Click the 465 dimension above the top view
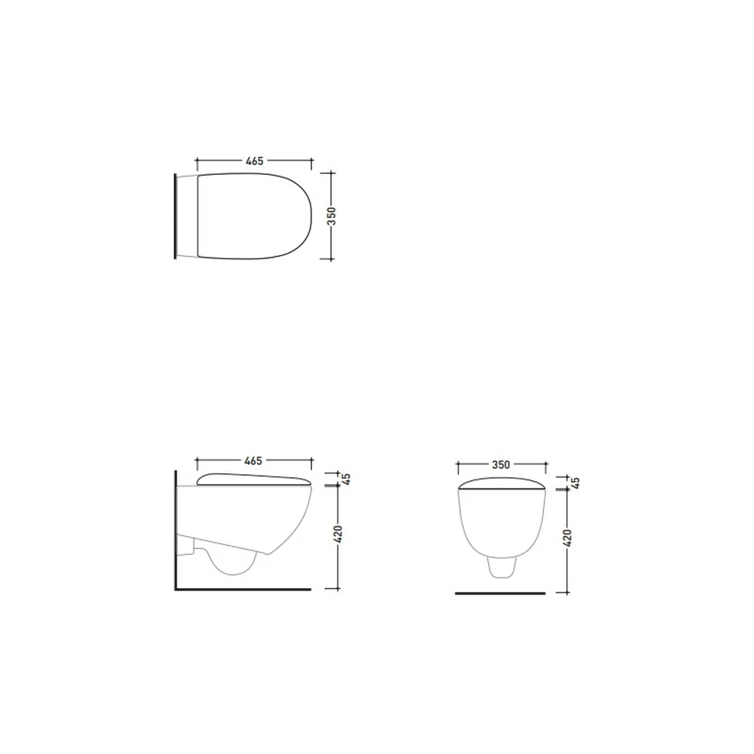pos(254,161)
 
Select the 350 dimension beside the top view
pos(331,216)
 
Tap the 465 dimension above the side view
pos(253,461)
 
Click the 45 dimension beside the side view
pos(346,479)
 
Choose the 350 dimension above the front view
pos(501,464)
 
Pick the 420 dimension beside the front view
pos(568,538)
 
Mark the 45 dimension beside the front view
pos(576,483)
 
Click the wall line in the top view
pos(176,216)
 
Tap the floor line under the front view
pos(500,593)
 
